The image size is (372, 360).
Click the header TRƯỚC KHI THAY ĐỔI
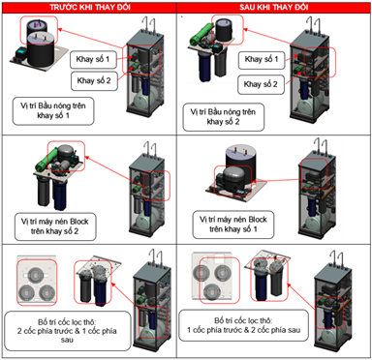pos(90,8)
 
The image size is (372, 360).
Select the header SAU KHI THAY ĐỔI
pos(274,8)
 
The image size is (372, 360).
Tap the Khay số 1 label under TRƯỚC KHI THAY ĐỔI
pos(93,59)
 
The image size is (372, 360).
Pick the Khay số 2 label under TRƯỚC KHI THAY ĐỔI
pos(94,80)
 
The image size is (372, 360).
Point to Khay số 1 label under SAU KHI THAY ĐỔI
pos(262,60)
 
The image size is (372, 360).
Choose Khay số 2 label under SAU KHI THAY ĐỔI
pos(261,84)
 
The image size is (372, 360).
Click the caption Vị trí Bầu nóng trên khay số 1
pos(53,111)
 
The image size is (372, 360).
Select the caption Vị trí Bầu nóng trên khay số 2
pos(223,117)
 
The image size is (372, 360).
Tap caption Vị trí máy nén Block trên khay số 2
pos(55,226)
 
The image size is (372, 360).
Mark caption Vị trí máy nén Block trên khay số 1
pos(233,225)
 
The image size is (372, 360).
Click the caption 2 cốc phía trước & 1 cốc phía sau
pos(68,331)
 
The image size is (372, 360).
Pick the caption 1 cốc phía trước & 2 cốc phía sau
pos(244,325)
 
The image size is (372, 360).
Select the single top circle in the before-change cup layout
pos(36,274)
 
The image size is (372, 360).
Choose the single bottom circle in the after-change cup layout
pos(212,292)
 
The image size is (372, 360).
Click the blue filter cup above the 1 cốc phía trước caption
pos(261,282)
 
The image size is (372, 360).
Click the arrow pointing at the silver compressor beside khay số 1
pos(275,181)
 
